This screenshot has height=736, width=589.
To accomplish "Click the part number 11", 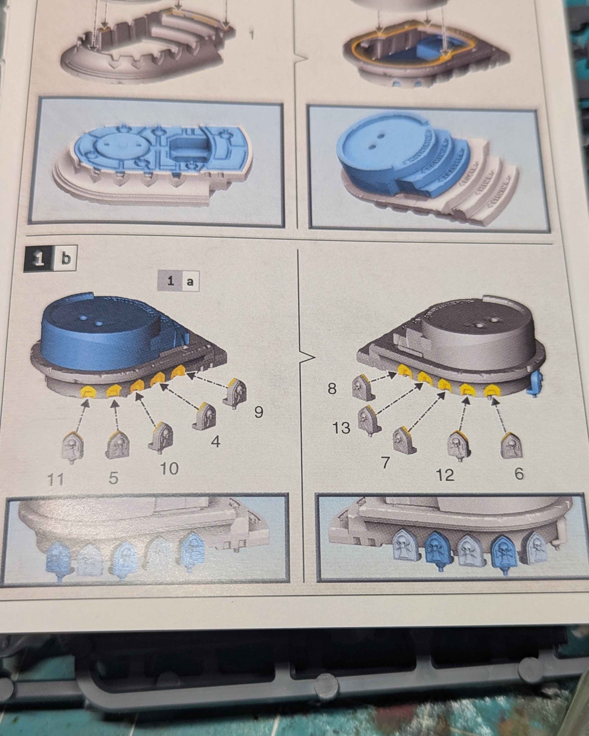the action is [x=55, y=480].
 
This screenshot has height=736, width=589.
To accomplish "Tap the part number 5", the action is [x=113, y=478].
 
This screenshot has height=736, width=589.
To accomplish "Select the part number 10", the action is [x=169, y=468].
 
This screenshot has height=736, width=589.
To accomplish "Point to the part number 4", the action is [x=216, y=441].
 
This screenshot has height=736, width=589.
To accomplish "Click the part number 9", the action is [x=259, y=412].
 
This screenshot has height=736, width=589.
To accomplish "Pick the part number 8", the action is [x=332, y=389].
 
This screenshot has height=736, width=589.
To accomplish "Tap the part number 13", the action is [x=341, y=427].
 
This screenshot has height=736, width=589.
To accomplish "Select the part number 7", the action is [x=385, y=462].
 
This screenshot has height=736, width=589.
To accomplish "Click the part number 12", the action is [x=445, y=475].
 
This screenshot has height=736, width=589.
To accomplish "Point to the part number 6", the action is [x=519, y=474].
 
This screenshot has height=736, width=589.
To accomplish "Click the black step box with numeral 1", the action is [x=39, y=259].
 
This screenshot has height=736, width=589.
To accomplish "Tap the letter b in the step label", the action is [x=65, y=259].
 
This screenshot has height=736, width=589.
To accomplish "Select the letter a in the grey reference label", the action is [x=190, y=281].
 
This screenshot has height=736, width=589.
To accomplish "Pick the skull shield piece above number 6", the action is [x=511, y=446].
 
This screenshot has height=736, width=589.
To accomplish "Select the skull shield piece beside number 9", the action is [x=235, y=392].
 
